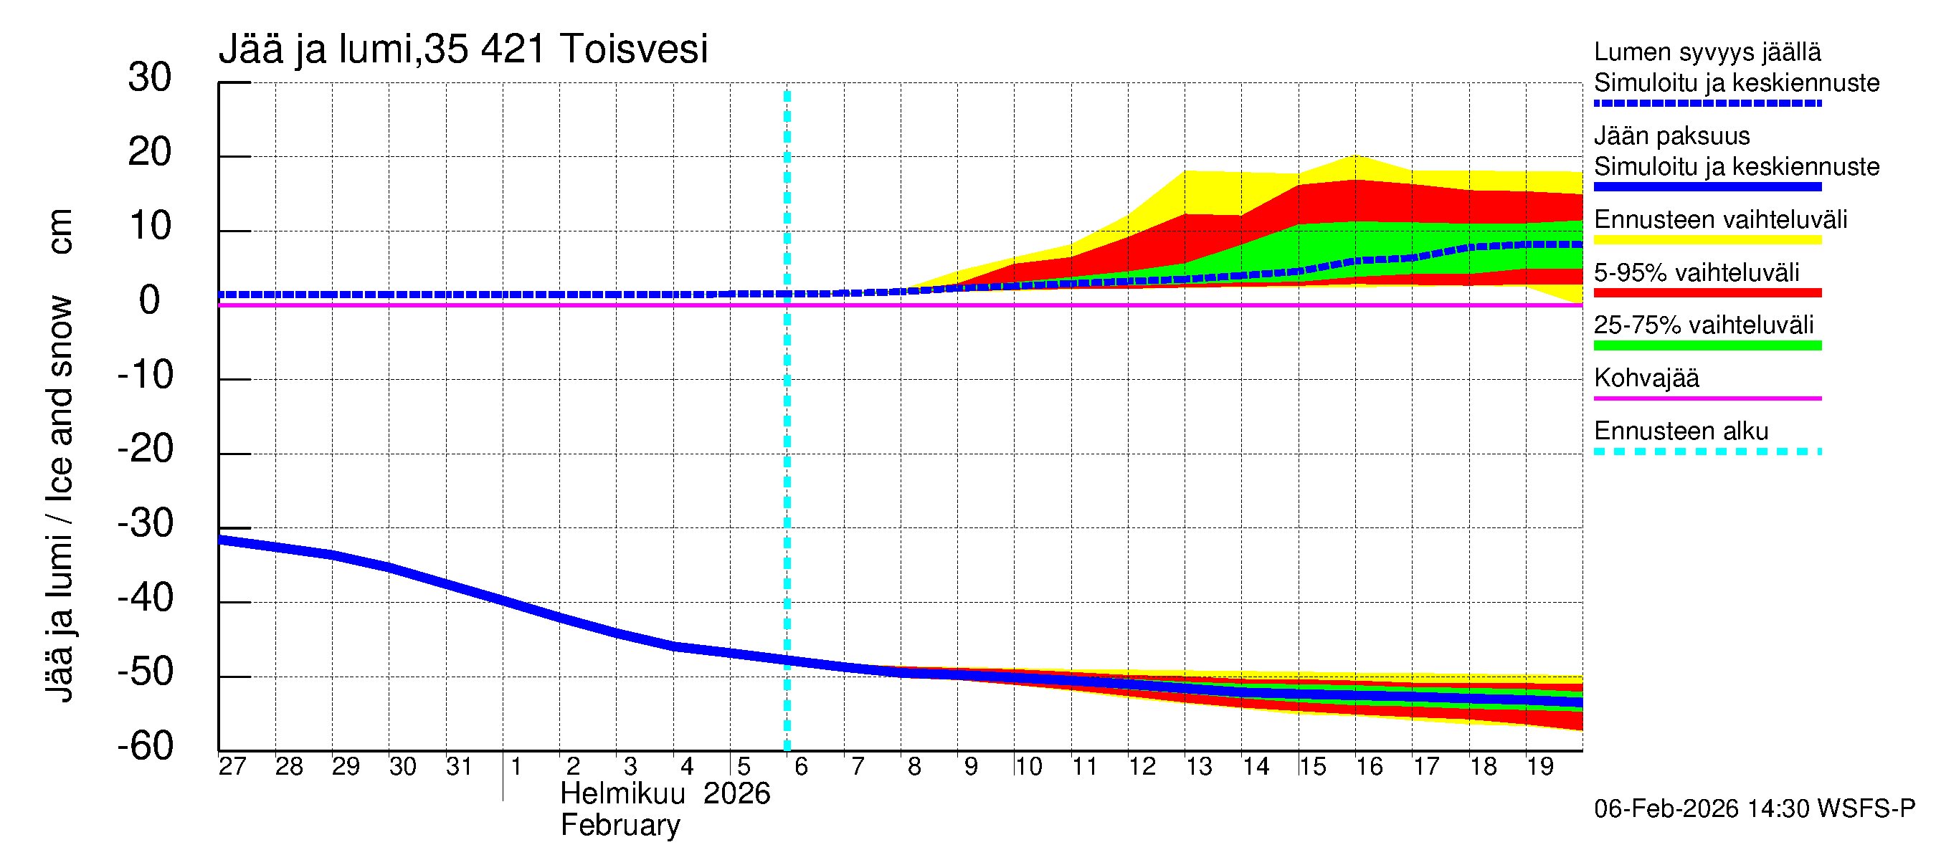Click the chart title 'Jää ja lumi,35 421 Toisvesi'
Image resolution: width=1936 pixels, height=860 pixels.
coord(463,49)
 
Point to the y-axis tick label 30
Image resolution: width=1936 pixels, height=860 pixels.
coord(150,77)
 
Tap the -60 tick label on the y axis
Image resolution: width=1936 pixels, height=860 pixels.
coord(145,747)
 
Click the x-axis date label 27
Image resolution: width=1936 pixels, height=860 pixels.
coord(232,767)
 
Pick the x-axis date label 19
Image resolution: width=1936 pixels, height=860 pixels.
coord(1539,767)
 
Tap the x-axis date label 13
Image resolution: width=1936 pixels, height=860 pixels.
coord(1199,767)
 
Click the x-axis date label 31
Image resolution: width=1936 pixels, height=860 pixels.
coord(459,767)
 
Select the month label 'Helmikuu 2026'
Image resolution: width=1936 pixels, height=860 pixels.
coord(665,794)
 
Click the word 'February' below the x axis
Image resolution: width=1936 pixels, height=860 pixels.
coord(620,826)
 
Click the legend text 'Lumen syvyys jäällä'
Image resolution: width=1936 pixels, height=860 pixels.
coord(1707,52)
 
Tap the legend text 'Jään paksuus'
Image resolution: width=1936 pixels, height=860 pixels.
coord(1672,136)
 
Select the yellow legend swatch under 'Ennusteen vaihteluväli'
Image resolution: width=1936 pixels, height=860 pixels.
coord(1707,240)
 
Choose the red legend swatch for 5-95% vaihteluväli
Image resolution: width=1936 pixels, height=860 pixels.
coord(1707,293)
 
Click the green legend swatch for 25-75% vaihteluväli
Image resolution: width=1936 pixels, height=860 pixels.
coord(1707,345)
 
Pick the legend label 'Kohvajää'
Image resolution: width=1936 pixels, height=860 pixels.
coord(1646,378)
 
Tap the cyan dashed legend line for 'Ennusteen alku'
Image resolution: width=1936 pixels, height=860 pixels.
coord(1707,451)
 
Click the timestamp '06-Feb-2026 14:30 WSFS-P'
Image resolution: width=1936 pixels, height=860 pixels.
coord(1755,809)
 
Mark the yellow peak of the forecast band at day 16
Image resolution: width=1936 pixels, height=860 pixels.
coord(1355,157)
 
